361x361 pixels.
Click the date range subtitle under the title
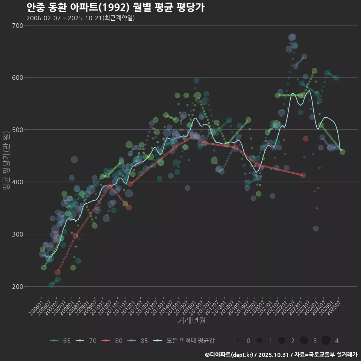[x=80, y=18]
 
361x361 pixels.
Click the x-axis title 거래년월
[x=191, y=321]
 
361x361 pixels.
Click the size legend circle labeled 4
[x=326, y=341]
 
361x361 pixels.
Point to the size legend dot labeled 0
[x=238, y=341]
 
